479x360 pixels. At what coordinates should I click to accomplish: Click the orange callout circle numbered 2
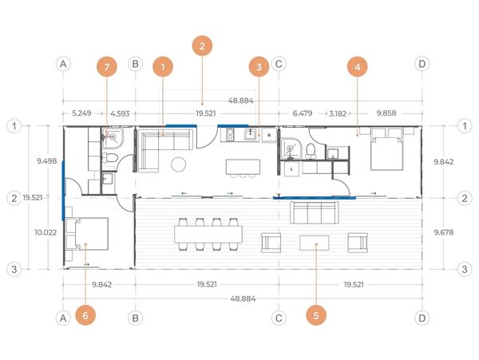202,46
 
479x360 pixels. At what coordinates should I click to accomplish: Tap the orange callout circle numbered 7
107,66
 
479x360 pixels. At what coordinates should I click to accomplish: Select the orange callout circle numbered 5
316,315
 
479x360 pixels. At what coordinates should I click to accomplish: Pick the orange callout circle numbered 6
85,315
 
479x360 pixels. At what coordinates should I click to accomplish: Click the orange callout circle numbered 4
357,66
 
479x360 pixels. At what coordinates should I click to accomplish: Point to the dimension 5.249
81,113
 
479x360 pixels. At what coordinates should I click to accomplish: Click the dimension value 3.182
338,113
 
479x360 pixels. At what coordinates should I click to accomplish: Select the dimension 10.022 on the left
46,232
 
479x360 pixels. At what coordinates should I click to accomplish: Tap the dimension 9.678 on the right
444,232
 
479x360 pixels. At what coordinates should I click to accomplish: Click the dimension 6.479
303,113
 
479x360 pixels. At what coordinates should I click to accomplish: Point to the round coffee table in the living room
178,164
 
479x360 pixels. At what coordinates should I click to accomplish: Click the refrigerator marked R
269,135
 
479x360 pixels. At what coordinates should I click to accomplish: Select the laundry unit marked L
291,169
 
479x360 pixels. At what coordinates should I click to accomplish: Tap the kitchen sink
251,134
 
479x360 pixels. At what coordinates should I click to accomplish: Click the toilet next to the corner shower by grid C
311,151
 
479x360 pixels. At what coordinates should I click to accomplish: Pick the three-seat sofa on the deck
314,212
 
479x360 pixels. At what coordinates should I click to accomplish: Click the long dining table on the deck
208,234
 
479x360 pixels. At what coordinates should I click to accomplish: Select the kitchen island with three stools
243,167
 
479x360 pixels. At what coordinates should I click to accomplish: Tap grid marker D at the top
422,64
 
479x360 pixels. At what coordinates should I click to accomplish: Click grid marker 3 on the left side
14,269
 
